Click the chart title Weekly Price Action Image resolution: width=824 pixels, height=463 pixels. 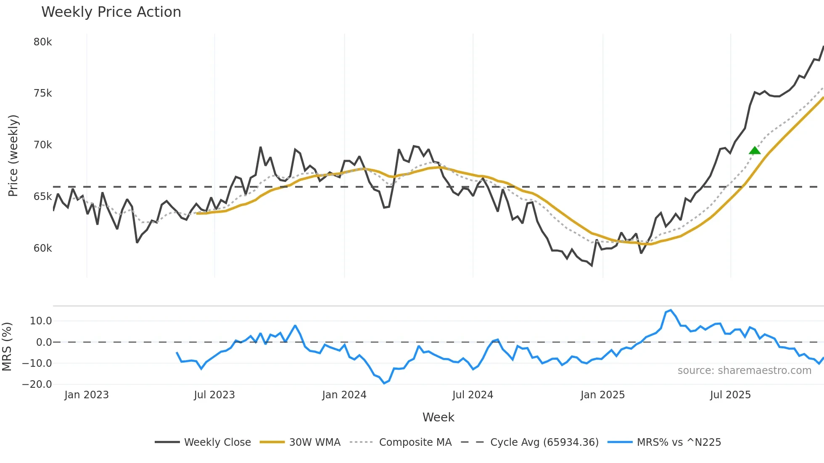point(111,12)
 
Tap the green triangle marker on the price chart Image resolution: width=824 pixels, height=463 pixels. point(755,150)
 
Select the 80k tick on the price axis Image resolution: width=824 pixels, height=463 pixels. point(42,42)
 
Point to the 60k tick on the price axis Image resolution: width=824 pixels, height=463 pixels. point(42,248)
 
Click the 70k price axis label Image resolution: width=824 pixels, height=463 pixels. point(42,145)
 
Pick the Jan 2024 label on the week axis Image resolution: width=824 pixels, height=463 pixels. point(344,395)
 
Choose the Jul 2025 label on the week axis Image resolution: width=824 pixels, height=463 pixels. point(730,395)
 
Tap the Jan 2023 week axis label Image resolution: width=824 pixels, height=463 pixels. point(87,395)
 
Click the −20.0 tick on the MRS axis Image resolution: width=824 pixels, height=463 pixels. point(37,384)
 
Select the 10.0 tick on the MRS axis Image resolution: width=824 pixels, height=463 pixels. point(41,321)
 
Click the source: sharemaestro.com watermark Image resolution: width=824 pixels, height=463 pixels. point(744,371)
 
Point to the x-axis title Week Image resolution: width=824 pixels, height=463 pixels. point(438,417)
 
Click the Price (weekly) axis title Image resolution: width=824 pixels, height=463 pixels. point(13,155)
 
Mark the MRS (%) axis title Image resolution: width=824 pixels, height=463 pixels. point(7,347)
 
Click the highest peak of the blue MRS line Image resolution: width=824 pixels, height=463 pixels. point(671,310)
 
